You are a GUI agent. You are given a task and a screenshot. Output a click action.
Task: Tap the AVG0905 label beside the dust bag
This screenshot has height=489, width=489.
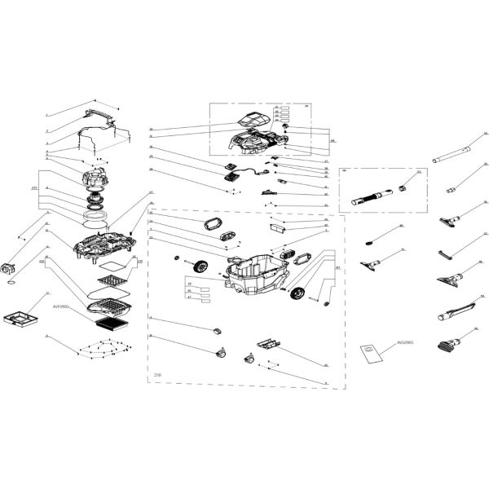click(x=406, y=344)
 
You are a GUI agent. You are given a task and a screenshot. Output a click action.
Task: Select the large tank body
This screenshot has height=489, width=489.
click(x=259, y=272)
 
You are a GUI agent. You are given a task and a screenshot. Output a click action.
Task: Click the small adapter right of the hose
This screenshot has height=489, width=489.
click(x=402, y=188)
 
